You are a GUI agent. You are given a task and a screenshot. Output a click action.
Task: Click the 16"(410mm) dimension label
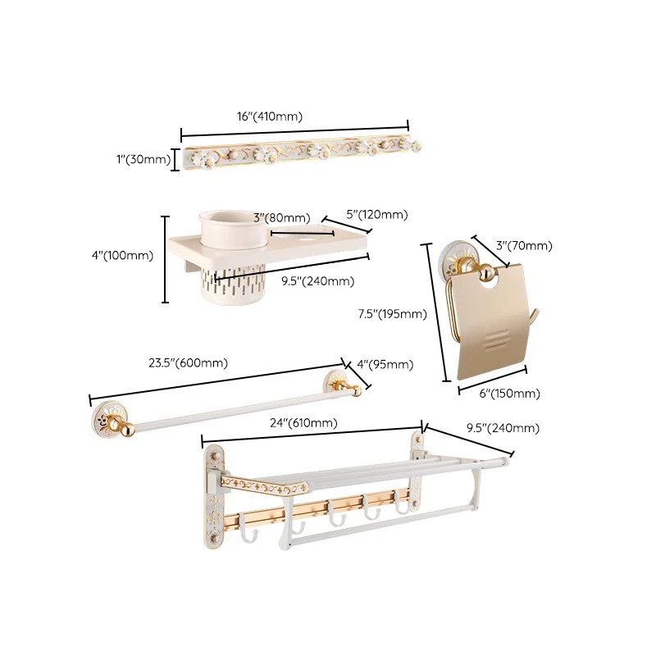pos(270,116)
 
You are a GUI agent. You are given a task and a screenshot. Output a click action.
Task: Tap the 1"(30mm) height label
pos(143,159)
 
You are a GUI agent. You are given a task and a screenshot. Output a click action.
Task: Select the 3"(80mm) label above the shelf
pos(282,218)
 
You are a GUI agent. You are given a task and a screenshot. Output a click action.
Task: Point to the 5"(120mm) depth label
pos(377,215)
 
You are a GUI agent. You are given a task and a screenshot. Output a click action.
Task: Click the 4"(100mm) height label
pos(122,256)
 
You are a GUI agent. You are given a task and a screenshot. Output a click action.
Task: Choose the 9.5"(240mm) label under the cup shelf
pos(318,281)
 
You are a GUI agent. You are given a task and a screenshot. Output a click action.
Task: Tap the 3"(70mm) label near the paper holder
pos(524,245)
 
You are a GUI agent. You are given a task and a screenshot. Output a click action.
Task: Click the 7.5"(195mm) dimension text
pos(393,314)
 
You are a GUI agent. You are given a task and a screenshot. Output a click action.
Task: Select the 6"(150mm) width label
pos(509,394)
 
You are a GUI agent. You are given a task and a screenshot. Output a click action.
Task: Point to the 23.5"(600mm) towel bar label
pos(189,362)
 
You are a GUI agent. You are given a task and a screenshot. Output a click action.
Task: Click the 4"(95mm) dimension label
pos(385,364)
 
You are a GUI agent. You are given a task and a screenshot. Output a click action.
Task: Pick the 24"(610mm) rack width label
pos(303,423)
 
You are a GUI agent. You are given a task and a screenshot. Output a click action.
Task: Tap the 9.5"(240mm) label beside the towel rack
pos(503,428)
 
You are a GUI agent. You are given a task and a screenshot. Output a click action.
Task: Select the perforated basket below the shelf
pos(234,284)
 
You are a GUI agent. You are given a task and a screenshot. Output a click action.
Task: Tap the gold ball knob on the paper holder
pos(486,274)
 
